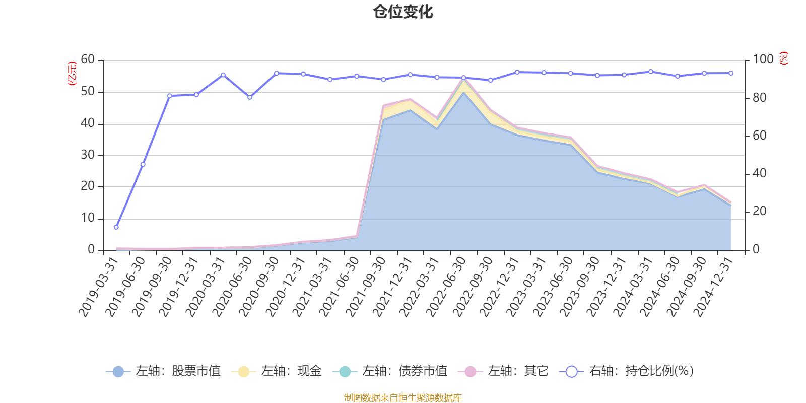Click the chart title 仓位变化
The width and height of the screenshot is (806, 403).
click(x=403, y=12)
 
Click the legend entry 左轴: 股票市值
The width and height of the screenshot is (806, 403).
click(x=164, y=371)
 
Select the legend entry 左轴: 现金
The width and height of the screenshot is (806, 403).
click(x=277, y=371)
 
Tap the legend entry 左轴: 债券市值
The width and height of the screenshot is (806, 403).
click(x=390, y=371)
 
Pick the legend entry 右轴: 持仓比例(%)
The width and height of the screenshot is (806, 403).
click(x=627, y=371)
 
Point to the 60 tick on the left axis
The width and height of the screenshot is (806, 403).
click(x=88, y=60)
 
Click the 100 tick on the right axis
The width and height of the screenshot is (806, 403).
click(x=763, y=60)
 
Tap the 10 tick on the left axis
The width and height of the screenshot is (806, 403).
click(x=88, y=218)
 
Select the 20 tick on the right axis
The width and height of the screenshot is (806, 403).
click(x=760, y=212)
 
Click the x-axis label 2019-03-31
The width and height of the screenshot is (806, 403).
click(x=98, y=287)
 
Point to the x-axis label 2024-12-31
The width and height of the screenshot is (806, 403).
click(x=712, y=287)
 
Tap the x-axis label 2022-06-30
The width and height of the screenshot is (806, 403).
click(x=446, y=287)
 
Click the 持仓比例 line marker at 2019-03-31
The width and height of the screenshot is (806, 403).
click(x=116, y=227)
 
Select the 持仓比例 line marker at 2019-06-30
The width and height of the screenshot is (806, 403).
click(x=143, y=164)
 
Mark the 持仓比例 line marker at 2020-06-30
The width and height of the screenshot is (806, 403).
click(x=250, y=97)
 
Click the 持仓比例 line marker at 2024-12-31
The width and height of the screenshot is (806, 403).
click(x=731, y=73)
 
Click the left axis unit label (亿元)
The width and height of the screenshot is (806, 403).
click(x=72, y=74)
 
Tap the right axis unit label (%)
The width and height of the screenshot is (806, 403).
click(x=783, y=58)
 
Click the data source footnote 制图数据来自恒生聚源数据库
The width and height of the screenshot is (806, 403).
click(x=403, y=398)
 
